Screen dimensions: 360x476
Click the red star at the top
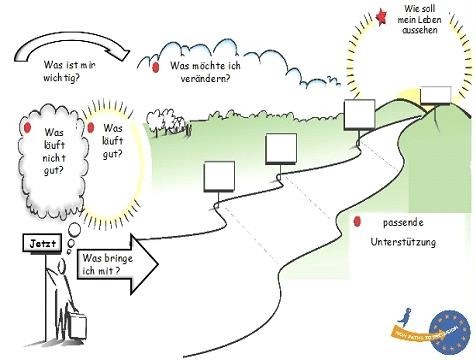click(382, 14)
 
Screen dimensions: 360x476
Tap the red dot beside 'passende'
click(357, 222)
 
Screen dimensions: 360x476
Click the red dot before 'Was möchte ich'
click(157, 67)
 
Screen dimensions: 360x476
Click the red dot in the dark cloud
click(28, 128)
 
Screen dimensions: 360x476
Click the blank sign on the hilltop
click(435, 95)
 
